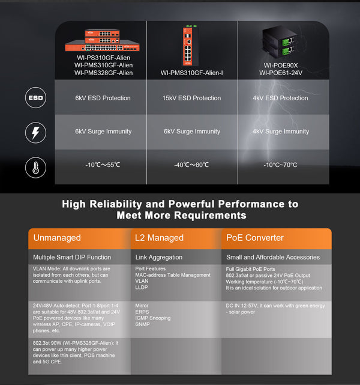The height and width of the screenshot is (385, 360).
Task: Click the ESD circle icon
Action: [35, 98]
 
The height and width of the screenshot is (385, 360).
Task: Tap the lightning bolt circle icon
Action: [35, 132]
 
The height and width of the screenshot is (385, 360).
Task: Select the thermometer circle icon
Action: [35, 166]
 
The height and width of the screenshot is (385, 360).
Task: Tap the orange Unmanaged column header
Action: [79, 238]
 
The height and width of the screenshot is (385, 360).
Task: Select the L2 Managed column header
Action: [176, 238]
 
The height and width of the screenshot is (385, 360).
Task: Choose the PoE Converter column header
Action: [276, 238]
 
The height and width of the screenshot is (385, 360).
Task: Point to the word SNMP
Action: [143, 325]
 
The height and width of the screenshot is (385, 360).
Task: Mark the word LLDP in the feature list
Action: [142, 287]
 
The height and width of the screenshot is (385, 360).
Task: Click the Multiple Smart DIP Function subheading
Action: [72, 257]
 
